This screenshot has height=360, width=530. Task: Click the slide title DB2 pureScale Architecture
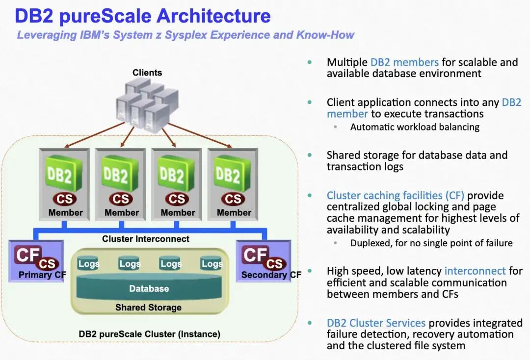click(142, 16)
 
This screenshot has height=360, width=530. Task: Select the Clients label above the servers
click(147, 73)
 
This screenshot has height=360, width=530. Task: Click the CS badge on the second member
click(121, 199)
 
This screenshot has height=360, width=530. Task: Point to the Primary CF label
click(42, 275)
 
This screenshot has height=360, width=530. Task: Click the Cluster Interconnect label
click(146, 239)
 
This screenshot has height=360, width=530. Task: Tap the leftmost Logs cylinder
click(88, 264)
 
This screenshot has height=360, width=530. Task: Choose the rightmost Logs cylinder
click(212, 264)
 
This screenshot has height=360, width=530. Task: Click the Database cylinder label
click(149, 289)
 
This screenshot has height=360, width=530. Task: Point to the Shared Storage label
click(148, 308)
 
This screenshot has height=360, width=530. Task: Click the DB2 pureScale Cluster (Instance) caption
click(150, 334)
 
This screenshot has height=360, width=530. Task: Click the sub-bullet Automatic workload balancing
click(415, 127)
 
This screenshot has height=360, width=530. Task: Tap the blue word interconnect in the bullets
click(475, 271)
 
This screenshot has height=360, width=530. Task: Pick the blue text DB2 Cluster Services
click(376, 323)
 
